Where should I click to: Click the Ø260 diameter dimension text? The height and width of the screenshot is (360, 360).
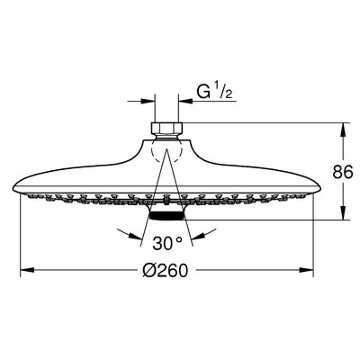coord(165,270)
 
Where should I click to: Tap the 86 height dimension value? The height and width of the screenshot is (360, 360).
coord(342,172)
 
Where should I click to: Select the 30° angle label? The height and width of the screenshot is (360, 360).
coord(166,243)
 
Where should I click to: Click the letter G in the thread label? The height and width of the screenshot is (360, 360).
coord(203,92)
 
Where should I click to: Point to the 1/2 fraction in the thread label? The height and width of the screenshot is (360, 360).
coord(224,92)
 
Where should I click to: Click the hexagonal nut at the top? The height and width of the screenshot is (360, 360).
coord(166,129)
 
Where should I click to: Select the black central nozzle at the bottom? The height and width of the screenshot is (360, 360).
coord(166,216)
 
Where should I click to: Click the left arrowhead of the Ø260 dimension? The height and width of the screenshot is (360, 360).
coord(27,270)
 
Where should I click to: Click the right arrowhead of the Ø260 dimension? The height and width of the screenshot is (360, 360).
coord(306,270)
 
